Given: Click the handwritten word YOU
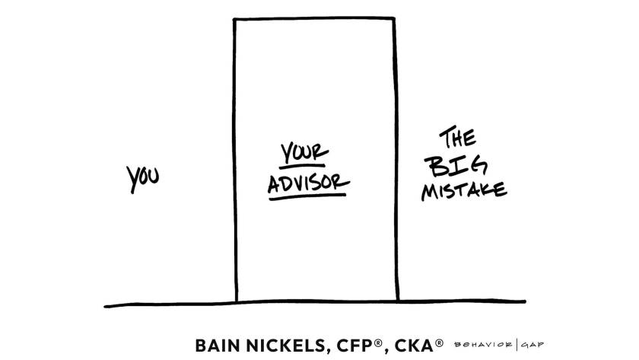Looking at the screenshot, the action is pos(143,178).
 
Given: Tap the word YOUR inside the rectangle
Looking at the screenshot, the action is pos(304,151).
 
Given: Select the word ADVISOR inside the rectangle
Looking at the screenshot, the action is pos(309,183).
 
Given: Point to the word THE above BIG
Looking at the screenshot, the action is pos(457,138).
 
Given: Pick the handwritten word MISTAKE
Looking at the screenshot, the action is pos(464,191).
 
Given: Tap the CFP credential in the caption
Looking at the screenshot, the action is pos(354,346).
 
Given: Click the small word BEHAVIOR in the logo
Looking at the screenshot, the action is pos(483,345).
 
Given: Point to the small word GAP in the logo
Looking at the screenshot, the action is pos(532,345).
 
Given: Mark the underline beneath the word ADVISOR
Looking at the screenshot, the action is pos(307,197).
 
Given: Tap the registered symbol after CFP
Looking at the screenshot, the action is pos(378,342).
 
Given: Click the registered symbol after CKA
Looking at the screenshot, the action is pos(439,342).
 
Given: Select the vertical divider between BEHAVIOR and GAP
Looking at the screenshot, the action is pos(517,345).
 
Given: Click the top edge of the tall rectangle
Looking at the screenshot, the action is pos(314,18).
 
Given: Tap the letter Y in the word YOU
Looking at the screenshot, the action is pos(132,180).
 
